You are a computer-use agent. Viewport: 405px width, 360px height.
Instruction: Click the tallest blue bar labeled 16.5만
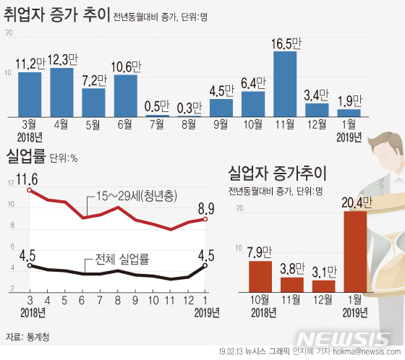tap(285, 84)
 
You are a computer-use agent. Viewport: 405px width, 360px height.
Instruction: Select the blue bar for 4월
tap(62, 92)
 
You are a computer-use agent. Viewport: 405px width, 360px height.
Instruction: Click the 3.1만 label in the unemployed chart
tap(323, 271)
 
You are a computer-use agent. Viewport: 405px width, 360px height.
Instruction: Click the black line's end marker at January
tap(205, 265)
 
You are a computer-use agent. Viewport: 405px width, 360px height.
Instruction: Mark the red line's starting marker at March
tap(29, 190)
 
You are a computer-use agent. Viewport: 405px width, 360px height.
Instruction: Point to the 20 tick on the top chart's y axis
tap(8, 34)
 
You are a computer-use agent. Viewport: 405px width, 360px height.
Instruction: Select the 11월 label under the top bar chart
tap(284, 124)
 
